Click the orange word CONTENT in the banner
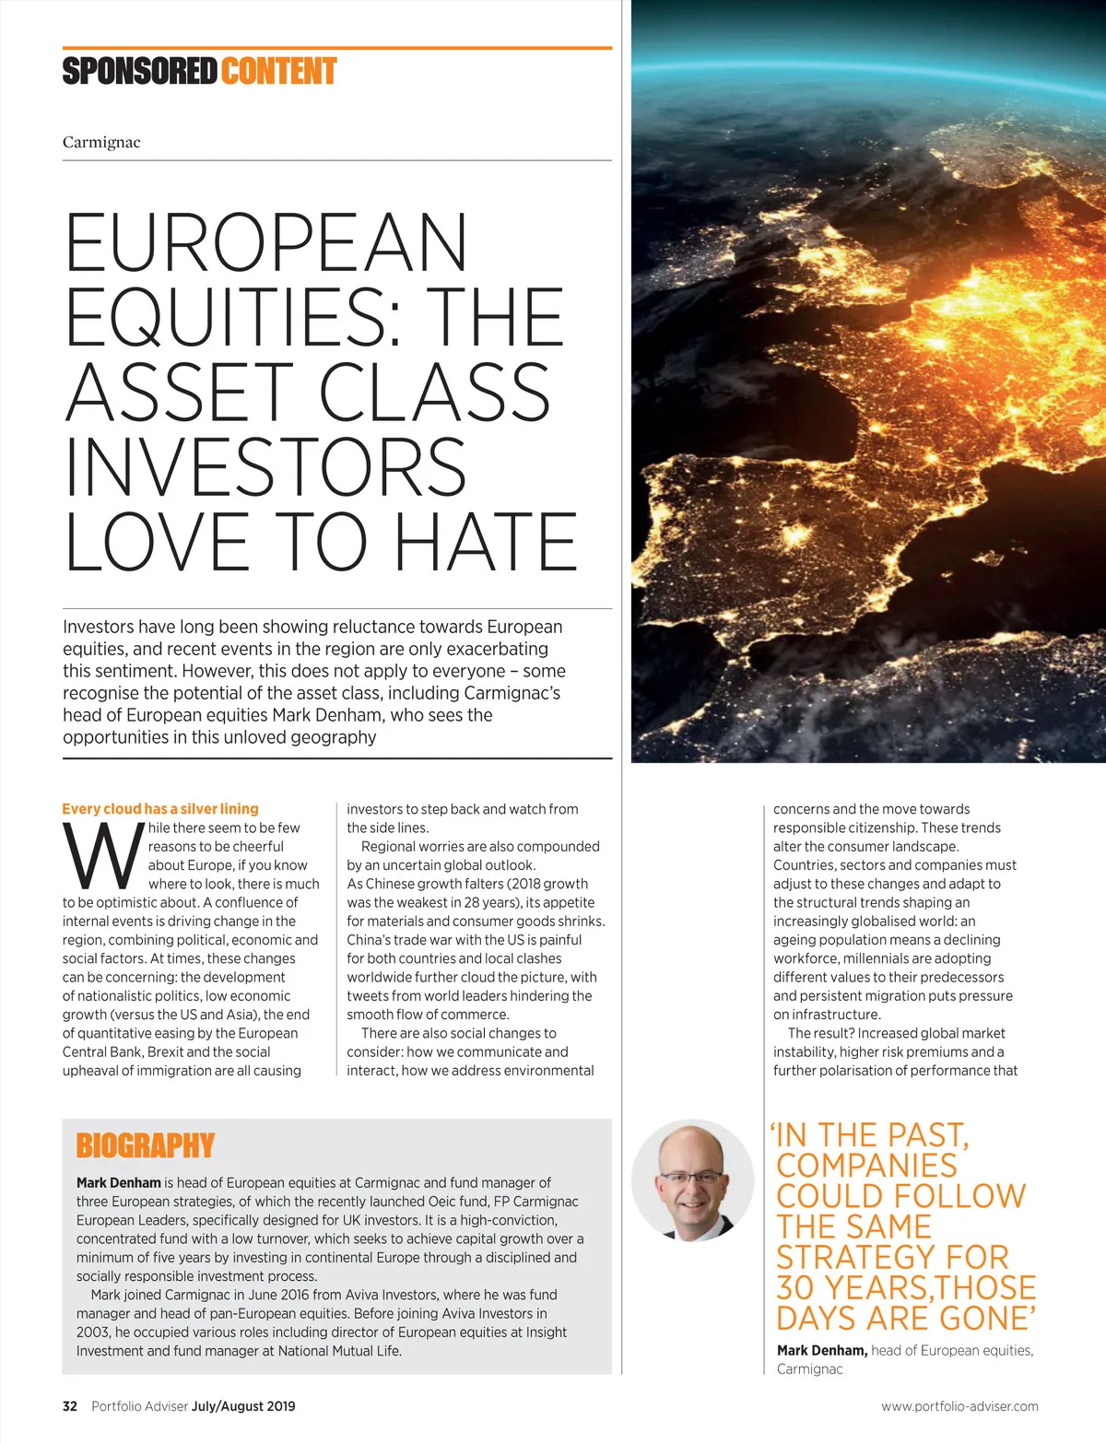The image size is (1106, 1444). coord(278,72)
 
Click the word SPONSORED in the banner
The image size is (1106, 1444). coord(139,72)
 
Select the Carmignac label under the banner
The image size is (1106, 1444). coord(101,142)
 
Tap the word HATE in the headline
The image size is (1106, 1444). coord(486,542)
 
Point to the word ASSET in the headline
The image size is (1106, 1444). coord(180,393)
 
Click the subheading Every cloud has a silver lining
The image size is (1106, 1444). coord(160,809)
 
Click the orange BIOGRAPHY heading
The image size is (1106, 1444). coord(145,1145)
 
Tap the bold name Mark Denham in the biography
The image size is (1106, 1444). coord(118,1182)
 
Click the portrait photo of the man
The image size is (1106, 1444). coord(692,1180)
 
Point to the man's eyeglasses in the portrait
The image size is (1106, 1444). coord(692,1177)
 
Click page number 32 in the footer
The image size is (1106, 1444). coord(70,1406)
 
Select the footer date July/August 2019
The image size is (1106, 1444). coord(243,1406)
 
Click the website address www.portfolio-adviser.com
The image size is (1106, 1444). coord(959,1406)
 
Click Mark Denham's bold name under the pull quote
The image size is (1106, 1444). coord(821,1350)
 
